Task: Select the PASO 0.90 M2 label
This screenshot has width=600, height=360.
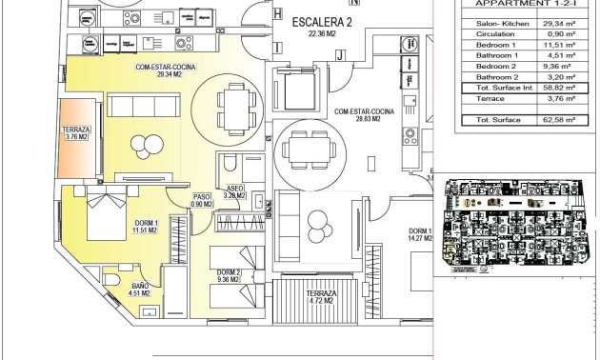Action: [x=201, y=199]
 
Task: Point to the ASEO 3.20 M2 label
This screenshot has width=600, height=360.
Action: [x=234, y=191]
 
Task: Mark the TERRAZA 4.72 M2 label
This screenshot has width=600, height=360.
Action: [x=320, y=297]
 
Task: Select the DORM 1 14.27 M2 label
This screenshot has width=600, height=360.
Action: [x=420, y=236]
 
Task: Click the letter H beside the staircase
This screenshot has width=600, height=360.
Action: [x=277, y=15]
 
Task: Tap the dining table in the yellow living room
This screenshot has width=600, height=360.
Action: [x=234, y=98]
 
